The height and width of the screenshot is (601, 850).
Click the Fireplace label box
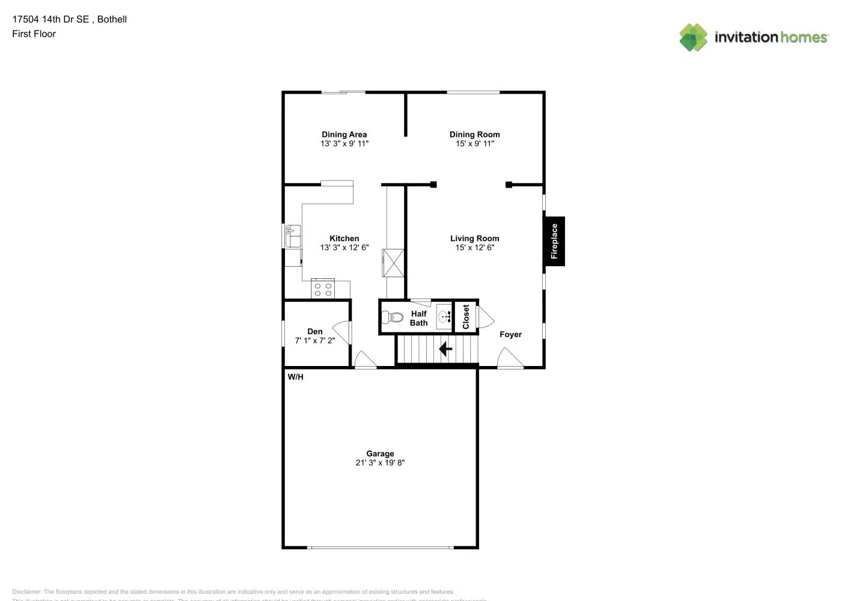554,241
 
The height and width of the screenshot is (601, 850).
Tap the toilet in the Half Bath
394,317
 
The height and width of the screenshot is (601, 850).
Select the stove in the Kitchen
323,290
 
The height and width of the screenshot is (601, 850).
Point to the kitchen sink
293,236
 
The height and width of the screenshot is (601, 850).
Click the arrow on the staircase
445,349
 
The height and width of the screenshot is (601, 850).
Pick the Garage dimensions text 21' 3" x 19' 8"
380,463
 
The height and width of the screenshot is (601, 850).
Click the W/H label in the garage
295,377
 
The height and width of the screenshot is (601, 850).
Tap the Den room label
314,331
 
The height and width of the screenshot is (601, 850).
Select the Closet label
466,317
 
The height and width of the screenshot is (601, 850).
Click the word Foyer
510,335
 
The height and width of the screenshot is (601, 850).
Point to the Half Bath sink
444,316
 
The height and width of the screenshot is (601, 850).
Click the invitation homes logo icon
693,37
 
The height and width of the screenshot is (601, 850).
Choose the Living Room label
474,239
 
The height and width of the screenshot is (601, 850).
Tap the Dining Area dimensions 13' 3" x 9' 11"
344,144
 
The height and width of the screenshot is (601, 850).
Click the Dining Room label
474,135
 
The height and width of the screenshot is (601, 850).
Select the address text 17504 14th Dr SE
50,19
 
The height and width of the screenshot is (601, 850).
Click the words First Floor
34,34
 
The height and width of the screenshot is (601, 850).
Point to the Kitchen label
344,239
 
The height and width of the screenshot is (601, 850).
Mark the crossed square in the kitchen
394,262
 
